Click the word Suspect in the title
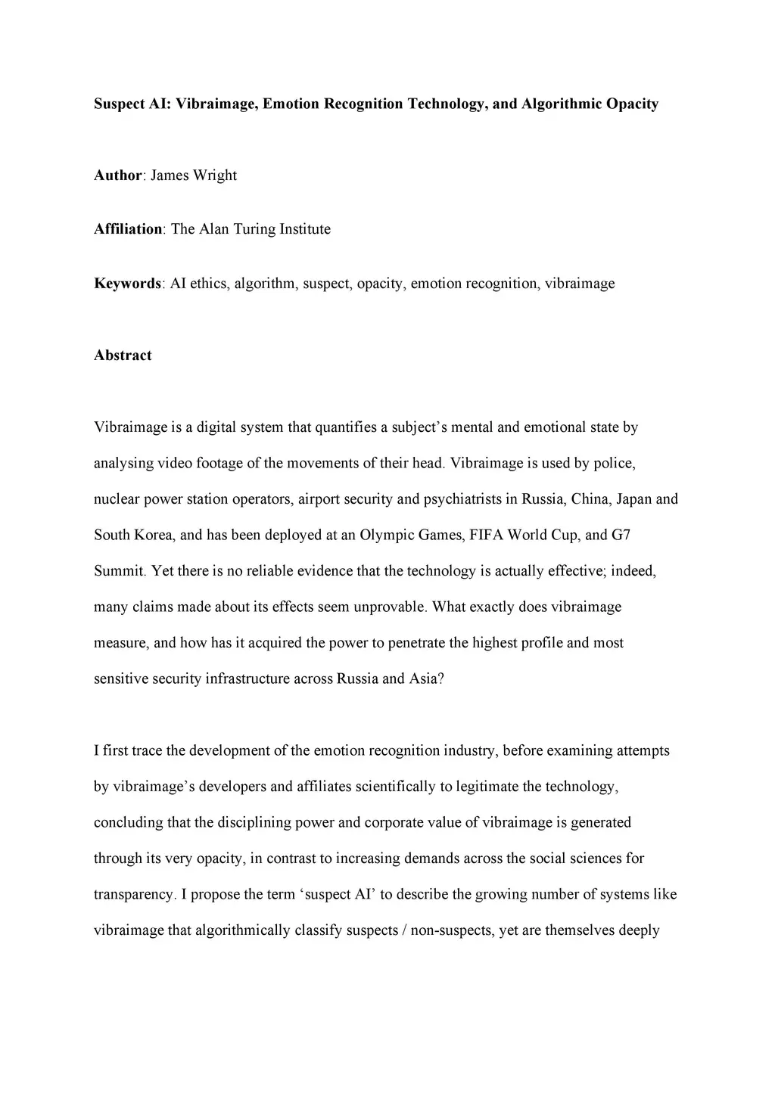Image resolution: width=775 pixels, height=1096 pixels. tap(114, 104)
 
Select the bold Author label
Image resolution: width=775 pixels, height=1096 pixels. tap(117, 175)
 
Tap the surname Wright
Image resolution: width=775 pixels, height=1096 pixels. tap(215, 175)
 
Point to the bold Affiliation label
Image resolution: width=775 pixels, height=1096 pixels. tap(128, 229)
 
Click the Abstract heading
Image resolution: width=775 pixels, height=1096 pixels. tap(123, 356)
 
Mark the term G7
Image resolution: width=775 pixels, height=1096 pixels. tap(621, 536)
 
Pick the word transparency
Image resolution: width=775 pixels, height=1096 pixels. tap(132, 895)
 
